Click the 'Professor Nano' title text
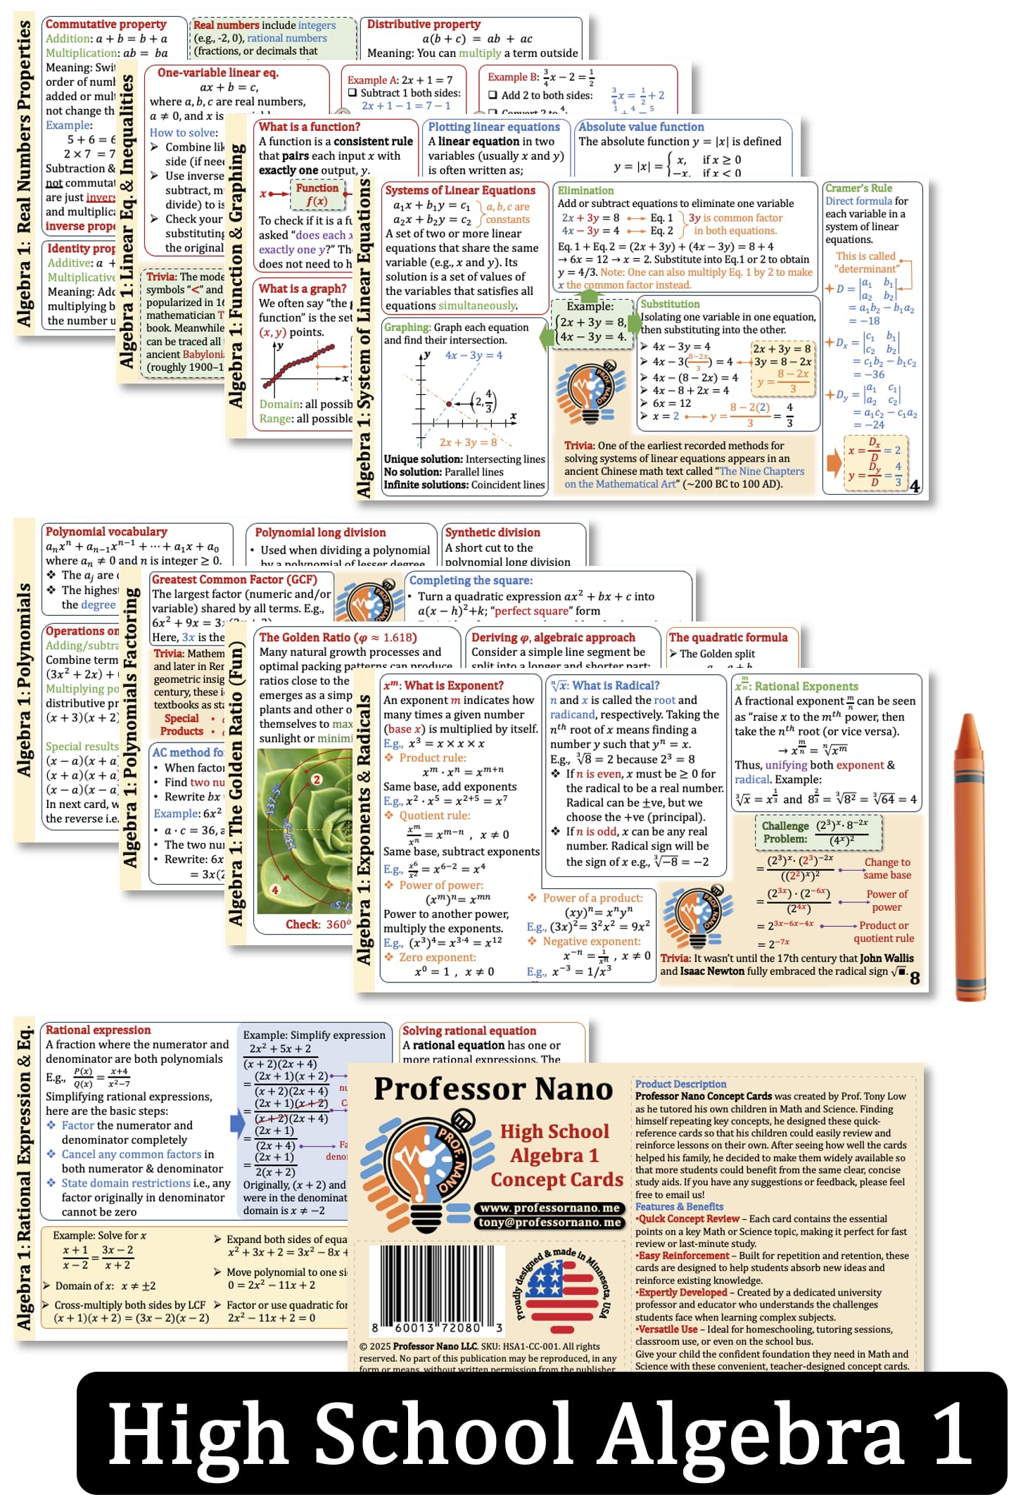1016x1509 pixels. point(493,1090)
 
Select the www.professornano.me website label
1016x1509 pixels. point(550,1208)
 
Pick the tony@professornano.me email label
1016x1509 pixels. point(550,1223)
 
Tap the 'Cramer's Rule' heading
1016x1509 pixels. point(858,189)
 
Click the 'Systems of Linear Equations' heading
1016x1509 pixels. point(460,190)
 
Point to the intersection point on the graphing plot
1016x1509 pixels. point(449,403)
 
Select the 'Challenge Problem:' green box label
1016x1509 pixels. point(785,832)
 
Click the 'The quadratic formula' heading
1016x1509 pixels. point(728,637)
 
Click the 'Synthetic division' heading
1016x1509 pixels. point(493,533)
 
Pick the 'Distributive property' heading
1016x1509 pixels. point(424,24)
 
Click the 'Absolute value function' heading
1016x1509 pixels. point(641,127)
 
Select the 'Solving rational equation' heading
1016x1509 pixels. point(469,1030)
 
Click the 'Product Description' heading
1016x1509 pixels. point(680,1084)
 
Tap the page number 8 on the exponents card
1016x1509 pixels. point(915,978)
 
